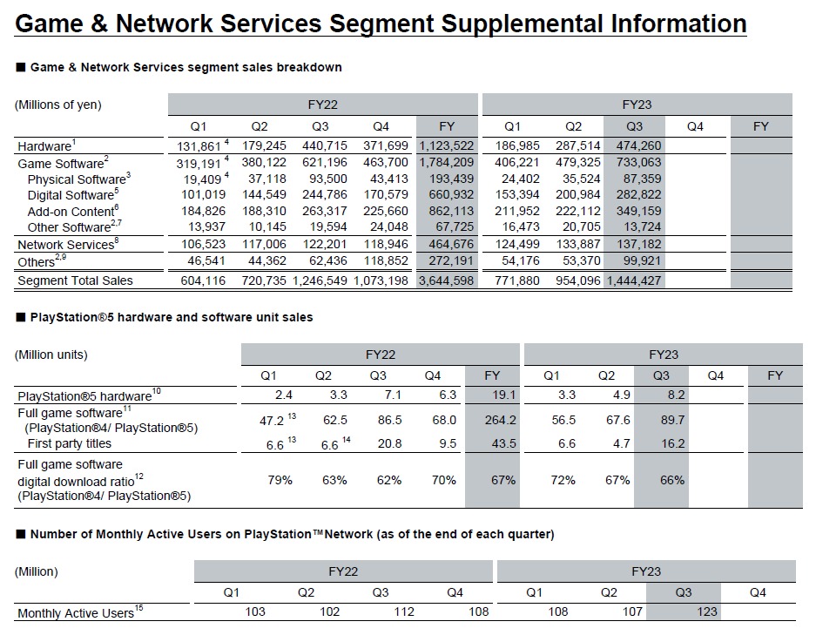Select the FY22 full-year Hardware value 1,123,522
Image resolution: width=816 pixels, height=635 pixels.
[x=448, y=145]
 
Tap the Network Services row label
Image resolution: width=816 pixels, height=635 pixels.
[x=65, y=245]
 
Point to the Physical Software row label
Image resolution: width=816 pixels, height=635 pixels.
[x=77, y=179]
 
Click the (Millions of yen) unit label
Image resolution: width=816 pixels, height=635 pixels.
[x=58, y=105]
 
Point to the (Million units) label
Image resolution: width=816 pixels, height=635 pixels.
[x=51, y=355]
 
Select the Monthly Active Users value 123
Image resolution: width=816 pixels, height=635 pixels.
[x=707, y=611]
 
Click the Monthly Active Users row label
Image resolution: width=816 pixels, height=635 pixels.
[x=75, y=613]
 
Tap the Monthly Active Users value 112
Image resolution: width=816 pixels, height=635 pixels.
[x=403, y=611]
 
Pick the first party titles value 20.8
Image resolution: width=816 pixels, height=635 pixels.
[x=390, y=443]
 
